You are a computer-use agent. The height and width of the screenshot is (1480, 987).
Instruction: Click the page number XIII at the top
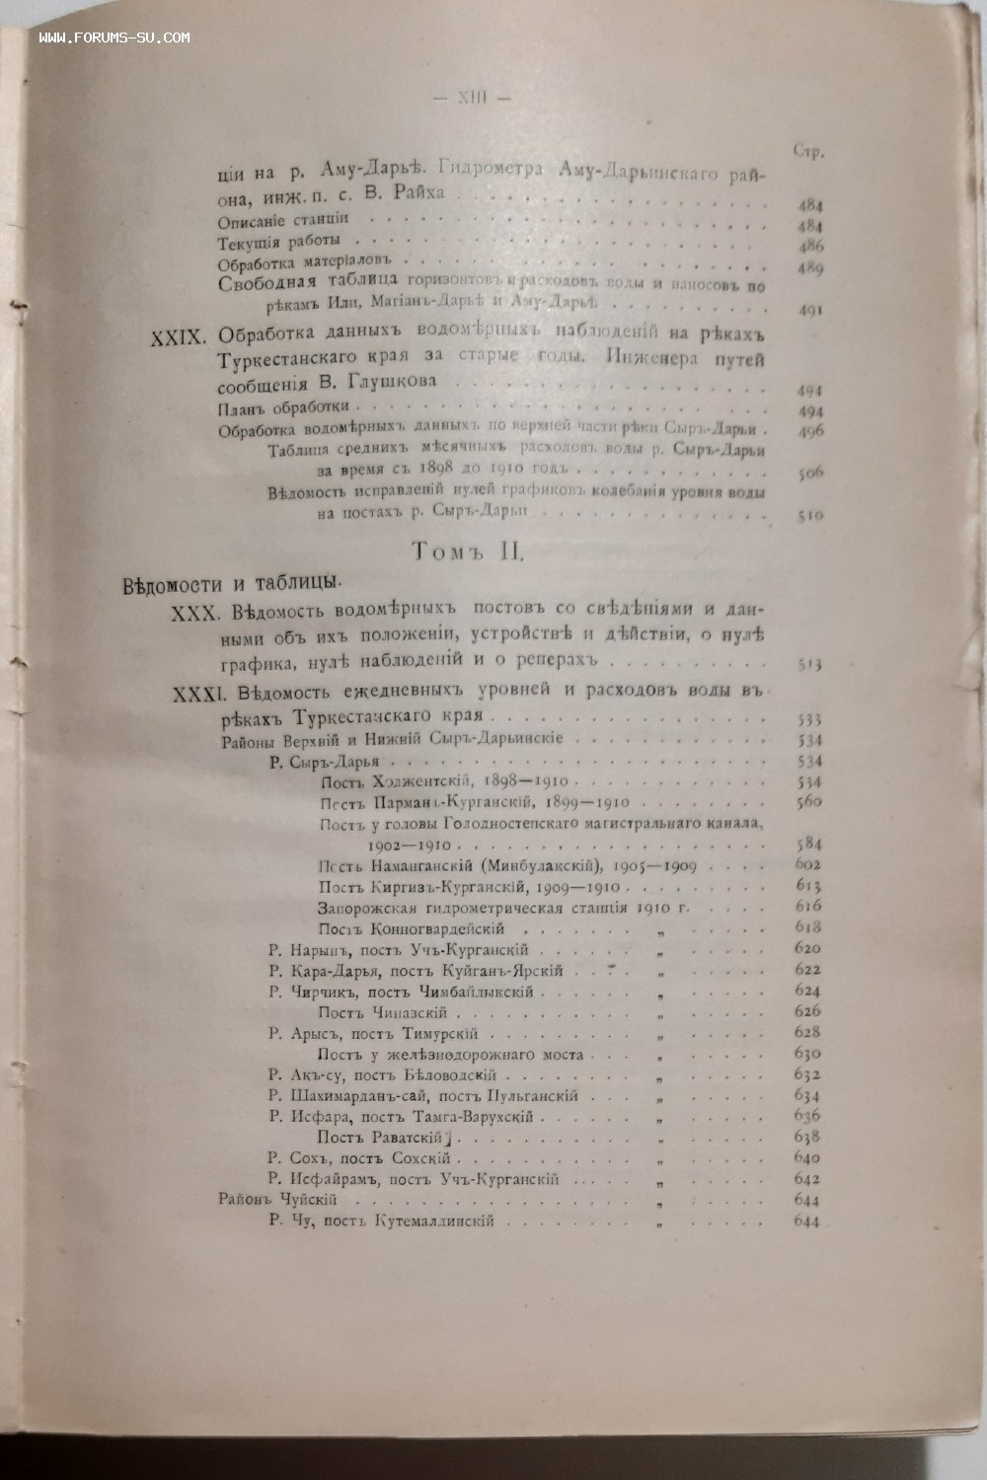pyautogui.click(x=471, y=99)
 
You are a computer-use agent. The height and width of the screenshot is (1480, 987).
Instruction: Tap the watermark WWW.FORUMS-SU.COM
pyautogui.click(x=114, y=37)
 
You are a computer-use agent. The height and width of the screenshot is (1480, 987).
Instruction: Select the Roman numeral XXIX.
pyautogui.click(x=176, y=336)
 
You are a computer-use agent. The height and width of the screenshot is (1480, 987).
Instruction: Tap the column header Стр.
pyautogui.click(x=808, y=151)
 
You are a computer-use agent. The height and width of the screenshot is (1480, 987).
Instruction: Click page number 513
pyautogui.click(x=809, y=664)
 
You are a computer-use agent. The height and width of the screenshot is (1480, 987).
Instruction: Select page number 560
pyautogui.click(x=809, y=801)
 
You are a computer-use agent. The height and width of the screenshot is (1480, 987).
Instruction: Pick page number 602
pyautogui.click(x=808, y=864)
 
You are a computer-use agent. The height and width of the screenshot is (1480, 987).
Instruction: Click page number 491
pyautogui.click(x=810, y=310)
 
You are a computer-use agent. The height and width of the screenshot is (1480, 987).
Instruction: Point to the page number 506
pyautogui.click(x=810, y=472)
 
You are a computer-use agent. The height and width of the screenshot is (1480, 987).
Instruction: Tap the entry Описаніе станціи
pyautogui.click(x=282, y=220)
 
